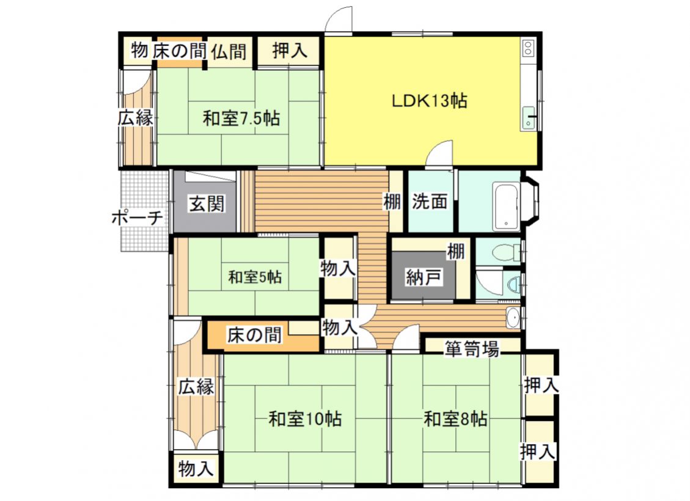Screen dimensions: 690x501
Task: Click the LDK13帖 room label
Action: click(x=430, y=101)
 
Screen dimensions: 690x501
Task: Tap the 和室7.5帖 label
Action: click(x=241, y=119)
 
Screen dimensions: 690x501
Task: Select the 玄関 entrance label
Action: click(x=207, y=204)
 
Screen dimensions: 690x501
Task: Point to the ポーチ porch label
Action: click(x=138, y=218)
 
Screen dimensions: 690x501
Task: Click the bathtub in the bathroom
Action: click(x=506, y=206)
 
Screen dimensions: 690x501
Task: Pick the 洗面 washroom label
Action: click(x=430, y=202)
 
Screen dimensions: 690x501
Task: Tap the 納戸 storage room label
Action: click(x=424, y=278)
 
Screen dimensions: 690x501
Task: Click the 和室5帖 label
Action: click(x=255, y=277)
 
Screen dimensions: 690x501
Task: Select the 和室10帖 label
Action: click(x=305, y=419)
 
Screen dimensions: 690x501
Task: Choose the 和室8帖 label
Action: click(x=455, y=419)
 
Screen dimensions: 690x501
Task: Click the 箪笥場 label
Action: click(x=471, y=349)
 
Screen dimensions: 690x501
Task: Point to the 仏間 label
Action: click(x=229, y=52)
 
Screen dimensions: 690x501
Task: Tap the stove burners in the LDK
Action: click(x=527, y=48)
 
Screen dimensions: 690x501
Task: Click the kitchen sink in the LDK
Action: click(x=528, y=118)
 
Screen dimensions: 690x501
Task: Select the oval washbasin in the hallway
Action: click(x=513, y=318)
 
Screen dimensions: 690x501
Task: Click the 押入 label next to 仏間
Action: click(x=289, y=50)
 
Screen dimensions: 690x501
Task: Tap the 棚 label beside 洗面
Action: click(x=392, y=202)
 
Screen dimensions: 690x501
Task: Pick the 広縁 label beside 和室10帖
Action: click(x=196, y=387)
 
